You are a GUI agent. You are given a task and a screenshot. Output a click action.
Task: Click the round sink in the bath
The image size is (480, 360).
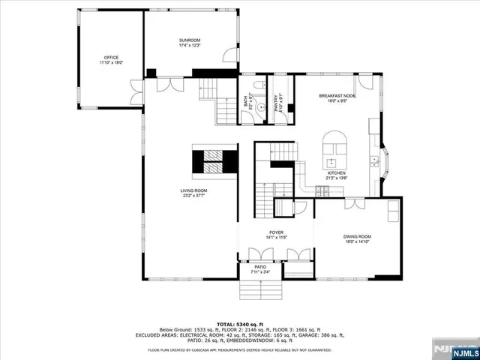click(x=260, y=107)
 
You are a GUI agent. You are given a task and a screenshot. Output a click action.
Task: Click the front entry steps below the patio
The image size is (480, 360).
click(x=260, y=289)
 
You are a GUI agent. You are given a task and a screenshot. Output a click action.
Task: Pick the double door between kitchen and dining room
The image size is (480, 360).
click(x=354, y=204)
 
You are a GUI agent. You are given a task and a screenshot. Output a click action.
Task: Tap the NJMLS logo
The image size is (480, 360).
click(x=454, y=350)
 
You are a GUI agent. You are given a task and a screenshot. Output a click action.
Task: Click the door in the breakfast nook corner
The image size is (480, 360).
click(x=365, y=83)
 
